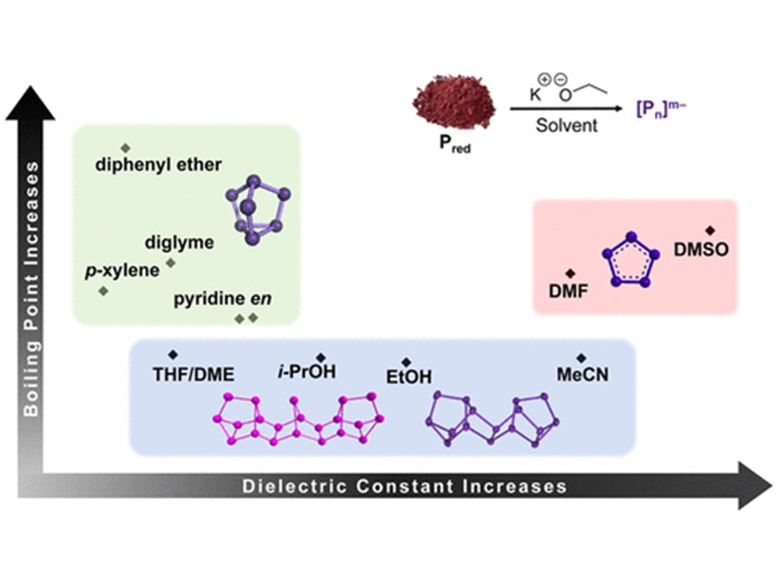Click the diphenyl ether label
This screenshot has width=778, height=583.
tap(159, 165)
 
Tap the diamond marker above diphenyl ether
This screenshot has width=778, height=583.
tap(125, 147)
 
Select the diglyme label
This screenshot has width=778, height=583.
tap(180, 242)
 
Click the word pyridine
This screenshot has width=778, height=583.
tap(204, 297)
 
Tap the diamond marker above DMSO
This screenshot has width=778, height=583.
tap(710, 230)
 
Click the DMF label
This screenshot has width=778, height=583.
tap(570, 291)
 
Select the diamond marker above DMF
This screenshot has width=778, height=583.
tap(570, 273)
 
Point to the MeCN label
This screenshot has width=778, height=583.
tap(582, 374)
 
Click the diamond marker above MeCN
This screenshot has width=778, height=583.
tap(581, 357)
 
